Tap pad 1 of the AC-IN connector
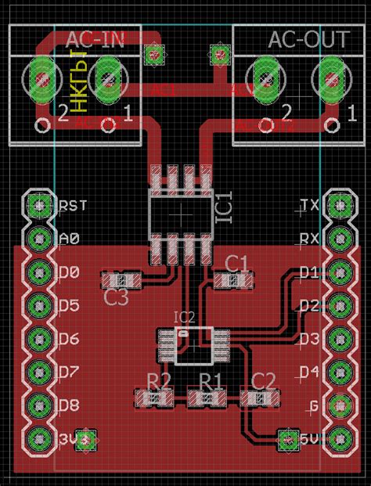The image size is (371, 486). point(107,77)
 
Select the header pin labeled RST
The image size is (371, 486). point(37,205)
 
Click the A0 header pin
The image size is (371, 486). point(37,238)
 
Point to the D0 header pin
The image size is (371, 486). point(37,272)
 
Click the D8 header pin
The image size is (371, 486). point(37,405)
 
